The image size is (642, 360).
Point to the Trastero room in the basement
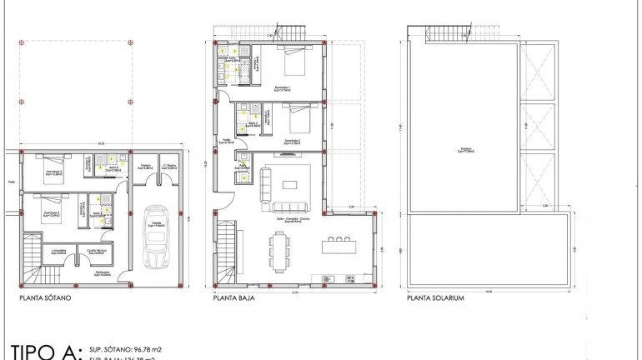pyautogui.click(x=145, y=167)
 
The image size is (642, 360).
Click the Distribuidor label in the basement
pyautogui.click(x=103, y=274)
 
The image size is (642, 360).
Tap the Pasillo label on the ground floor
pyautogui.click(x=226, y=141)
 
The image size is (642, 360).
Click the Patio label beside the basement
pyautogui.click(x=12, y=179)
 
